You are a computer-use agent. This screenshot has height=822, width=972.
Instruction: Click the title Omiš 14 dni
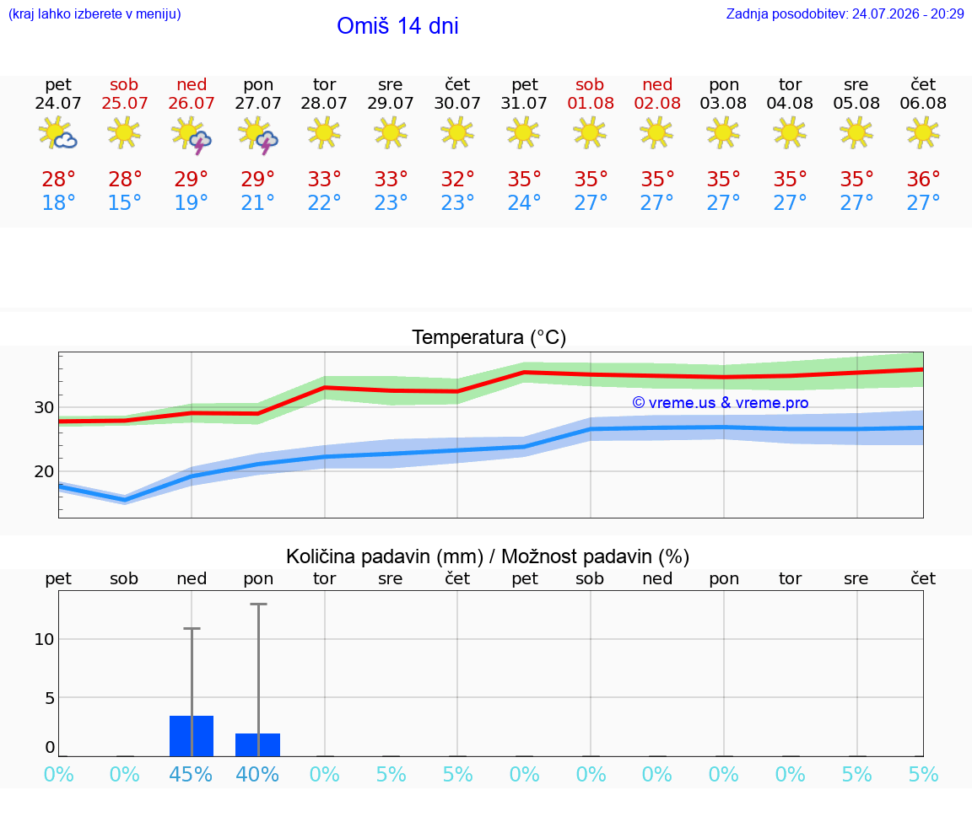tap(397, 26)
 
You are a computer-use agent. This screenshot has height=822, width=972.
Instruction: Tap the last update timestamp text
tap(845, 14)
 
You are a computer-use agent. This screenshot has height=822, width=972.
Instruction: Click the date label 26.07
tap(191, 104)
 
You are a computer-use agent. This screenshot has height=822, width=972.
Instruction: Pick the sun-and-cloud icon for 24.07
tap(57, 132)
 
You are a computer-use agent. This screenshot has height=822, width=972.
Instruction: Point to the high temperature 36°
tap(923, 179)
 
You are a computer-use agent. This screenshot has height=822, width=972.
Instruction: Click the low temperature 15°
tap(125, 202)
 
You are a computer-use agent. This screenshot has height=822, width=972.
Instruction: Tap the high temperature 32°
tap(457, 179)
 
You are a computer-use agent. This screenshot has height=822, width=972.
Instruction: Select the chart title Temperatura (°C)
tap(489, 337)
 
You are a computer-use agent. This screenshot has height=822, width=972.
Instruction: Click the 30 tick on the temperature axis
tap(44, 407)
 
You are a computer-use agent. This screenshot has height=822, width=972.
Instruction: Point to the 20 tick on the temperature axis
tap(44, 471)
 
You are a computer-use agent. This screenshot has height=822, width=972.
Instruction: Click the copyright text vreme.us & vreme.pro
tap(721, 403)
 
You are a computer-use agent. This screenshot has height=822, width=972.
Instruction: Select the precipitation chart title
tap(487, 556)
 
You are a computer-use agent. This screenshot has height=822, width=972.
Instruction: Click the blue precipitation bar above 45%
tap(192, 736)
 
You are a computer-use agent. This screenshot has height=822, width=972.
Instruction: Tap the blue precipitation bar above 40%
tap(258, 744)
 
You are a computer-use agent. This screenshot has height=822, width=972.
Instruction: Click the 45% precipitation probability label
tap(191, 774)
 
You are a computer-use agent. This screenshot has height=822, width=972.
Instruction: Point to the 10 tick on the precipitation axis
tap(44, 639)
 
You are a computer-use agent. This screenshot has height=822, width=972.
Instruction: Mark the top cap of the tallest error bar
tap(258, 604)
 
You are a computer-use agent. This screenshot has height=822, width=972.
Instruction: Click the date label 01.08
tap(591, 104)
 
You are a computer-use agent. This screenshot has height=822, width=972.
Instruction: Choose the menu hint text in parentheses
tap(94, 14)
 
